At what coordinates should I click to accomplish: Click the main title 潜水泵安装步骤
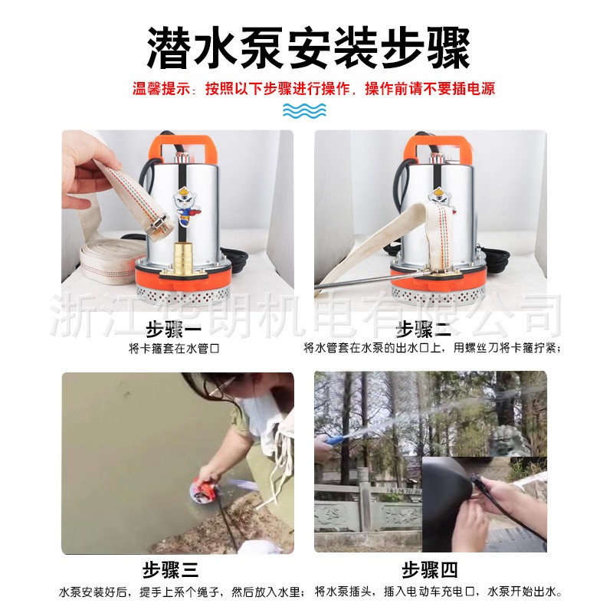(x=306, y=48)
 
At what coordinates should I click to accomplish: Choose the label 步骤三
(x=170, y=571)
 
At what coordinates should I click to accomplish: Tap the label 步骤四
(x=430, y=571)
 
